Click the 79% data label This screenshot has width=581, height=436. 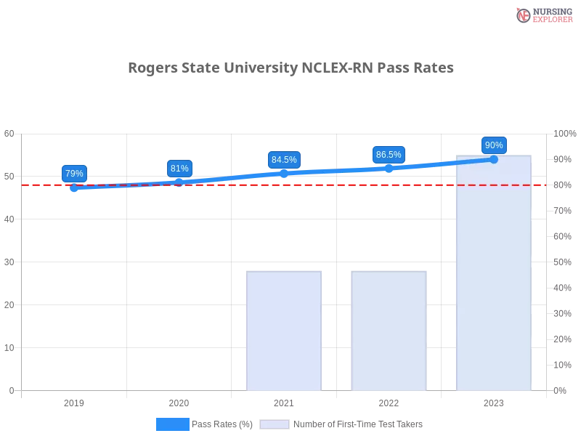[73, 174]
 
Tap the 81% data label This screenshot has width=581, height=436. [179, 169]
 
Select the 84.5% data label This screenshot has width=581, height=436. [284, 160]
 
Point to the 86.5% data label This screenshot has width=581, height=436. [389, 155]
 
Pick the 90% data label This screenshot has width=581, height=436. [494, 145]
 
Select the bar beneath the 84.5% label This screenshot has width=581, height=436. [285, 331]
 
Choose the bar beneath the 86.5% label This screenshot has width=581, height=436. [389, 331]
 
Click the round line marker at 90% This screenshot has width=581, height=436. [494, 159]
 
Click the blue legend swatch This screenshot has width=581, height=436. [172, 424]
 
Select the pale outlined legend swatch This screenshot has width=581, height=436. [275, 424]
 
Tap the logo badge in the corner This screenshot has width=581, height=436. [543, 15]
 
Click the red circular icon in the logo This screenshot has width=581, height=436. [523, 15]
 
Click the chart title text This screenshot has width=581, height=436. [293, 68]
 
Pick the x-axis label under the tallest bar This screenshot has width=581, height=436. [494, 401]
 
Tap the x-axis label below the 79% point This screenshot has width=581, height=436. [76, 401]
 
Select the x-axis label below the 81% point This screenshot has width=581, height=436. [180, 401]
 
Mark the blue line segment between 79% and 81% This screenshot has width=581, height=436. [127, 185]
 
